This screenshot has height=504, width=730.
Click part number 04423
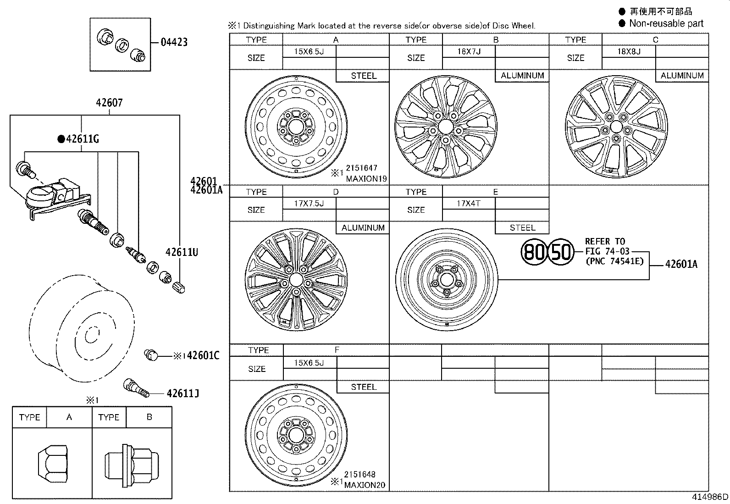[174, 42]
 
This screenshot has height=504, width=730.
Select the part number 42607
[109, 103]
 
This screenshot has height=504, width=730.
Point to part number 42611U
[182, 252]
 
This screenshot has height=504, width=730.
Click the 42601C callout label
[203, 355]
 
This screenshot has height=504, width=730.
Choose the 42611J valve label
[182, 393]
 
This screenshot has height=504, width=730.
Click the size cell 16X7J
[469, 51]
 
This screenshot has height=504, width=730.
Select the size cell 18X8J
[628, 51]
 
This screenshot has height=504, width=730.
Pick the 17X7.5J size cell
[309, 203]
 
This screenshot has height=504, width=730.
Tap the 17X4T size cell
[469, 203]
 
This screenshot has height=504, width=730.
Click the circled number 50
[561, 252]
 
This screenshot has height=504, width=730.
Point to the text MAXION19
[366, 179]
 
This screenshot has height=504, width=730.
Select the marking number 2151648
[360, 475]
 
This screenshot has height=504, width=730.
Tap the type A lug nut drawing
[51, 462]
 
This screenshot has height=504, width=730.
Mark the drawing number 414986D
[710, 497]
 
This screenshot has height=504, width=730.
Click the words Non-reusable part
[666, 23]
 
